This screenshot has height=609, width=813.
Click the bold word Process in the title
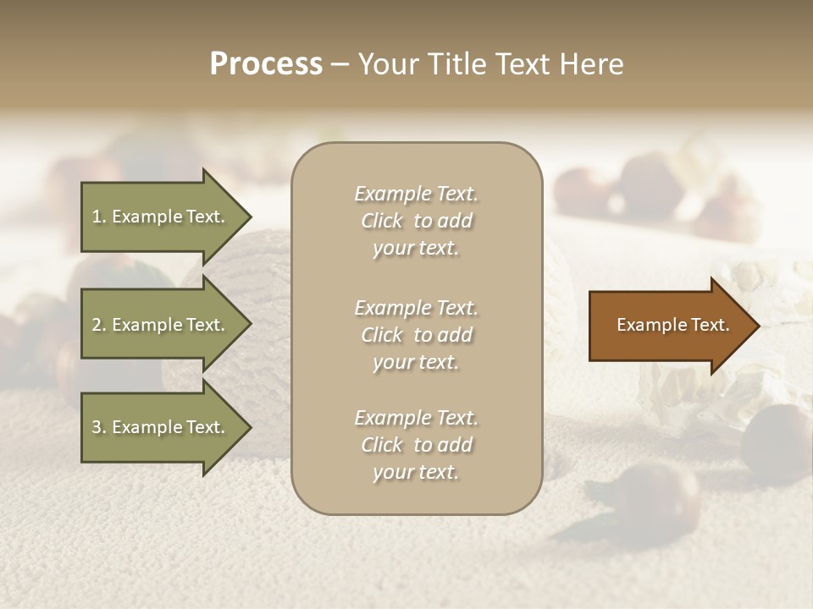(266, 64)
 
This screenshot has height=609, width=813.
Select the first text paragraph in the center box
(416, 221)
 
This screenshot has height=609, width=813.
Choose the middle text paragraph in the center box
(416, 335)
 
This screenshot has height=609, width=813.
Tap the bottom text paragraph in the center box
(416, 445)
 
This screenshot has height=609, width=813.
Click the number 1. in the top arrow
(99, 217)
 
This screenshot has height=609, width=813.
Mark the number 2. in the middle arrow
(99, 325)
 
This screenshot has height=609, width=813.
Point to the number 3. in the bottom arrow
(99, 427)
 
